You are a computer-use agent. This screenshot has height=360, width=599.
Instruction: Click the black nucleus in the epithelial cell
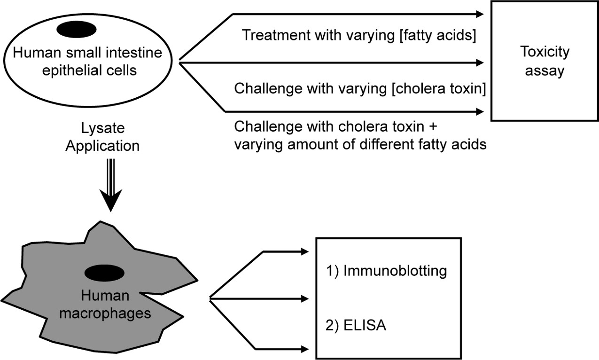point(77,29)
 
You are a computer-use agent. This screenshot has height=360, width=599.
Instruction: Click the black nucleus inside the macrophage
point(104,273)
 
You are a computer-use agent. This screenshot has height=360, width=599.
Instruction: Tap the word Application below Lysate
point(102,146)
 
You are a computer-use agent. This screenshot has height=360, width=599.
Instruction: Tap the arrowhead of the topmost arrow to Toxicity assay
point(480,15)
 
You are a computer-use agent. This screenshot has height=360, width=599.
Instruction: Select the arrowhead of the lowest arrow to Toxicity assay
point(480,111)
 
